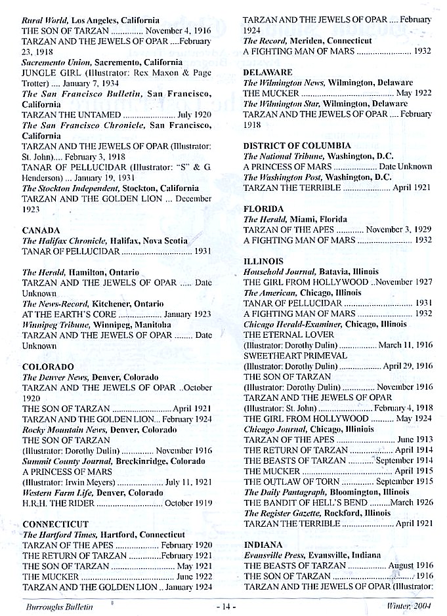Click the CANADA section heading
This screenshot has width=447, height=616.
[x=41, y=230]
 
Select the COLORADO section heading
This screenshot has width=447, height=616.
[x=47, y=366]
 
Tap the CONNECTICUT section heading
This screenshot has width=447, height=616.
[x=56, y=524]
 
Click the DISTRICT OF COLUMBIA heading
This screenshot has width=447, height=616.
[x=297, y=146]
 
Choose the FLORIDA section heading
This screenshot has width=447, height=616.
[x=263, y=209]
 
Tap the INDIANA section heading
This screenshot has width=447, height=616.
[x=263, y=544]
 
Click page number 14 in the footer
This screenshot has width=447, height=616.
[x=224, y=607]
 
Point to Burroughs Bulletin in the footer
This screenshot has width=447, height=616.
[x=58, y=607]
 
